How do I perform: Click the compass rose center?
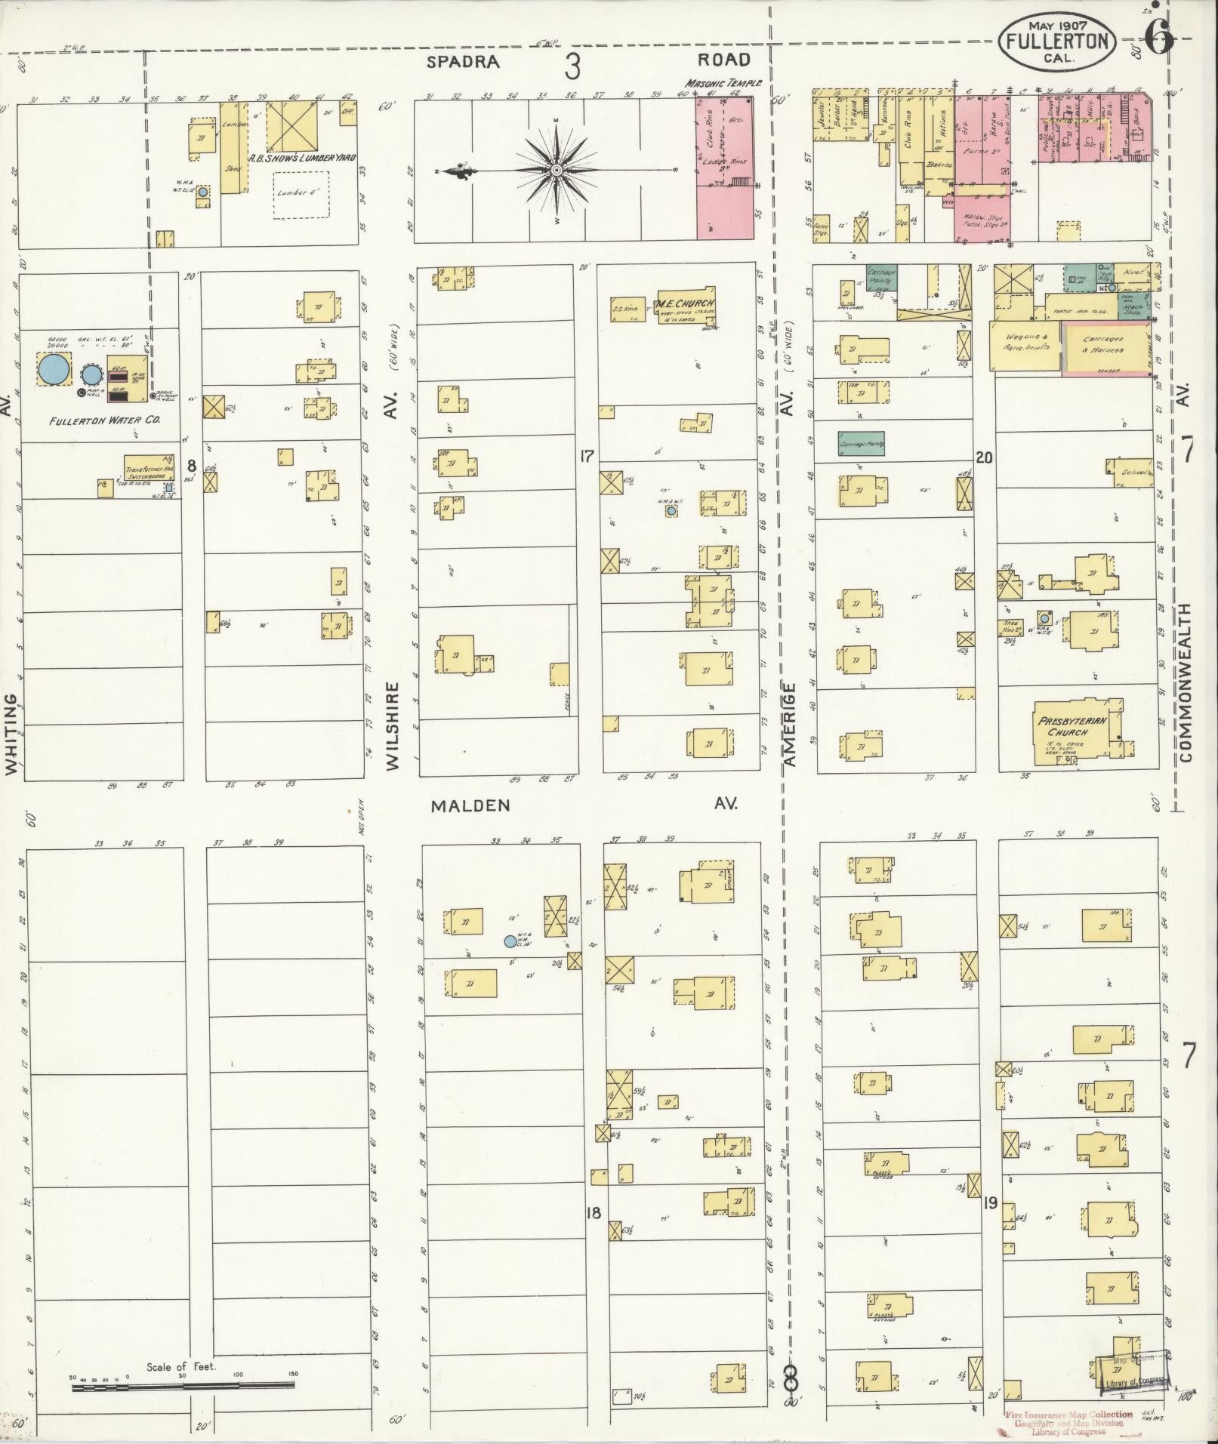557,170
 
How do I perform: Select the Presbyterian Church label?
1072,726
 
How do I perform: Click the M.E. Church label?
685,303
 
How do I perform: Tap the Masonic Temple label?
723,83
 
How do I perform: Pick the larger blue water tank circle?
54,369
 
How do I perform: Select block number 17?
585,455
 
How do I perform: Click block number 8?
192,465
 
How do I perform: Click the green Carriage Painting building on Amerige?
861,445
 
